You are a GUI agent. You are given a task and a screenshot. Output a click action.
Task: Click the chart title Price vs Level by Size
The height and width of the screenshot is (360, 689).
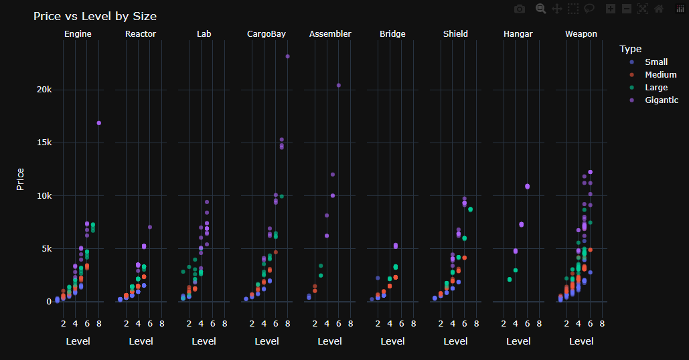click(95, 16)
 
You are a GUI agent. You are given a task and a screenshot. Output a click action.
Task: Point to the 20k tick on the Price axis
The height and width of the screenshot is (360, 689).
click(44, 90)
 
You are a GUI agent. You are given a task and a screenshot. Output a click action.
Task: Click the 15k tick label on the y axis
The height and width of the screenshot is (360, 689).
click(44, 143)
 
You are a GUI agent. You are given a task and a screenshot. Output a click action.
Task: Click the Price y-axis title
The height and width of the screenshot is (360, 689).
click(20, 179)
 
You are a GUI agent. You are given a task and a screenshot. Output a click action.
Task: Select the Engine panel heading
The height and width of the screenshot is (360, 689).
click(78, 34)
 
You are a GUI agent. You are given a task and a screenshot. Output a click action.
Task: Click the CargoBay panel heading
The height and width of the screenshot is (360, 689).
click(266, 34)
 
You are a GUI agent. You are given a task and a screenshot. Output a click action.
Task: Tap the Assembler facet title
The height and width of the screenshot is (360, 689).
click(330, 34)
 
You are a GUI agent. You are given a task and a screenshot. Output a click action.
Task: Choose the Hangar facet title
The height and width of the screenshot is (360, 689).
click(518, 34)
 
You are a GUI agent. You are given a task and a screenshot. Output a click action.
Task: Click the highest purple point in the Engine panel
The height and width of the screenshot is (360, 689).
click(99, 123)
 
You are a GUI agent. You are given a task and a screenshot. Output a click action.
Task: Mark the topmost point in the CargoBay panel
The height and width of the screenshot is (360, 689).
click(287, 56)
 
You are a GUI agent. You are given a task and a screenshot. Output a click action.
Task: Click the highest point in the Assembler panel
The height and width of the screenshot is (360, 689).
click(338, 85)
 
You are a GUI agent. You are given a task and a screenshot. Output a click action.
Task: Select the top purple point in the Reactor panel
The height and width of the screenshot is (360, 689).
click(150, 227)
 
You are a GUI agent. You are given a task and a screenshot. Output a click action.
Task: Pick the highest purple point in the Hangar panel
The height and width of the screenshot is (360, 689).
click(528, 186)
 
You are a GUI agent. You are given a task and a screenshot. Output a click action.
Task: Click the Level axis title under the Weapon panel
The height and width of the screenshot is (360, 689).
click(581, 341)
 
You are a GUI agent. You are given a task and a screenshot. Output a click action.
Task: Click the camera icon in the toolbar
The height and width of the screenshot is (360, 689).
click(520, 9)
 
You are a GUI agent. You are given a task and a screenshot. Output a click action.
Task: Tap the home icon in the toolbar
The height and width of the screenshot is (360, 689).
click(659, 9)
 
